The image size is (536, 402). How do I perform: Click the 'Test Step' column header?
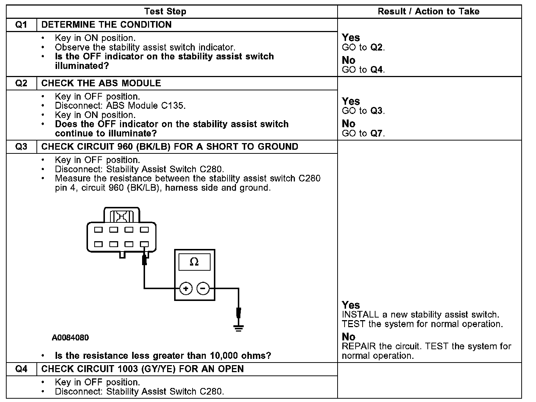(165, 11)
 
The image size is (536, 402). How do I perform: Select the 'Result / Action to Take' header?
(429, 11)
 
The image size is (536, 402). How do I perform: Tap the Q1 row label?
(21, 25)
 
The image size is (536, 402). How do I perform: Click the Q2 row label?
(21, 83)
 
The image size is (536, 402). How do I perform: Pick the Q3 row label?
(21, 147)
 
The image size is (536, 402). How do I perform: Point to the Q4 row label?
(21, 369)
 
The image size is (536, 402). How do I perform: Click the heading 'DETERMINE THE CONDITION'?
(106, 25)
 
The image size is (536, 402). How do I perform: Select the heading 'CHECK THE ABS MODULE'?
(101, 83)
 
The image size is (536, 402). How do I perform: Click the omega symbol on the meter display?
(194, 262)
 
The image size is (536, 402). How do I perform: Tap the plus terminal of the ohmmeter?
(186, 288)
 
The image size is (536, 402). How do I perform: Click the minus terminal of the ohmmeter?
(203, 288)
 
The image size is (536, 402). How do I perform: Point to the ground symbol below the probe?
(239, 328)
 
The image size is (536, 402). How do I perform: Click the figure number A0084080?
(70, 338)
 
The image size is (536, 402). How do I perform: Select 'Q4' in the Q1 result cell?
(377, 70)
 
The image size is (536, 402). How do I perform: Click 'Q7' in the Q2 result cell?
(377, 134)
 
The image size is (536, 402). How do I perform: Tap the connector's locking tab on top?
(122, 215)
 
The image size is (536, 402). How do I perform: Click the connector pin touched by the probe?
(144, 244)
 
